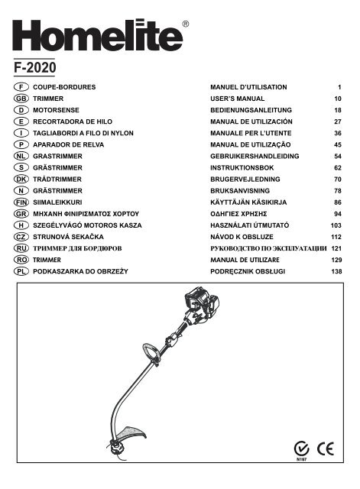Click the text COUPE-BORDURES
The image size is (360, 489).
(65, 89)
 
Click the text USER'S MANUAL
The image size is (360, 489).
(237, 99)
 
